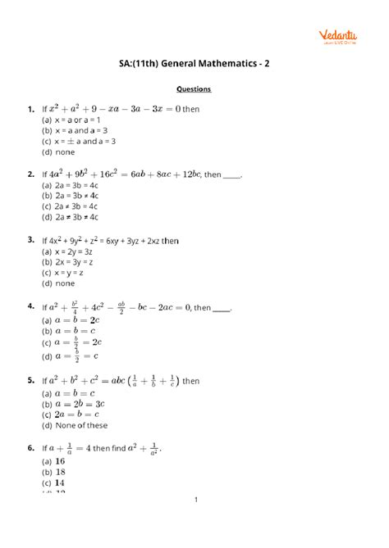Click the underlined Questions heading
194,88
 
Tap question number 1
30,108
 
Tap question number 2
30,174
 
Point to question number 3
30,240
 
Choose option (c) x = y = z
65,273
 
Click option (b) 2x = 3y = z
69,262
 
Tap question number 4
30,306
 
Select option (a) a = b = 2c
71,319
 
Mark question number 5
30,380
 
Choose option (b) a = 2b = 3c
72,404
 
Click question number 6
30,449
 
